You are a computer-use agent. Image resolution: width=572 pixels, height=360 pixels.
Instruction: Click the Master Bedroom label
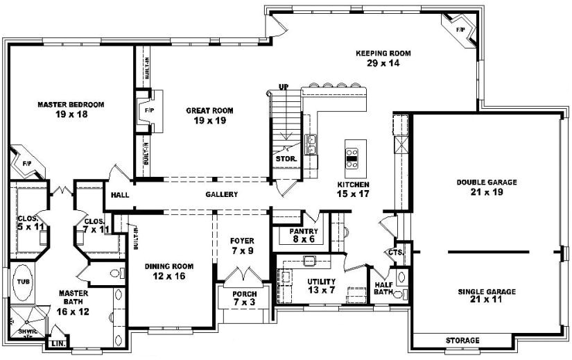tap(71, 105)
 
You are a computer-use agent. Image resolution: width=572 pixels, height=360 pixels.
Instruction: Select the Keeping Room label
tap(383, 53)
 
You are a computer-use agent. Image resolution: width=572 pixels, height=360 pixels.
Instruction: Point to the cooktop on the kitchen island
tap(352, 155)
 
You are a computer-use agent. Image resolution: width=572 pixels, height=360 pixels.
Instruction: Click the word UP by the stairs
tap(283, 87)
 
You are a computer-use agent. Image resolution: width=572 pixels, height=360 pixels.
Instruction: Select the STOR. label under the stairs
tap(287, 158)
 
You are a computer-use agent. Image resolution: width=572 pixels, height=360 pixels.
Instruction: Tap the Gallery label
tap(222, 195)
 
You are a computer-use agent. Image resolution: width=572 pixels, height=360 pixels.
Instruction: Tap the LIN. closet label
tap(56, 343)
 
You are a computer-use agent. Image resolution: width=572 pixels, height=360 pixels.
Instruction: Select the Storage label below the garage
tap(462, 341)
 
